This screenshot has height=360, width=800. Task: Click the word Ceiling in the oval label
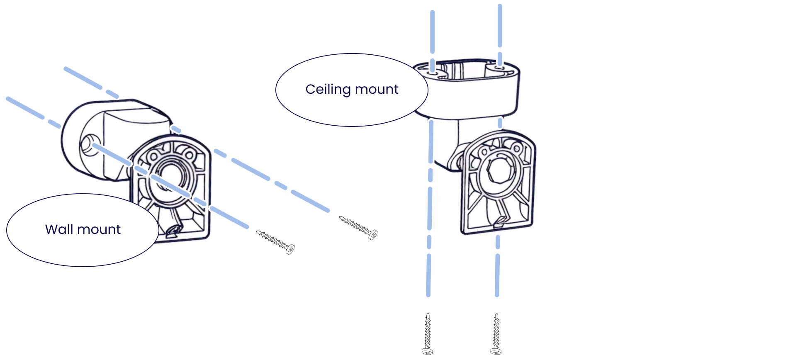(x=328, y=90)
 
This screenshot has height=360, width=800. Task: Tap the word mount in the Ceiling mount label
(x=377, y=89)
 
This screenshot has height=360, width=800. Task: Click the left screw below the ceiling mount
(x=428, y=334)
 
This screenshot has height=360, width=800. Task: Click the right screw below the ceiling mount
(x=496, y=334)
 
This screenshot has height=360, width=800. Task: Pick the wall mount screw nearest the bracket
(x=275, y=242)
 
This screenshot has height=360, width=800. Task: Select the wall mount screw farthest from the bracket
(x=358, y=227)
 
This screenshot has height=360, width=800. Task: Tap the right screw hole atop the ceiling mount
(x=499, y=67)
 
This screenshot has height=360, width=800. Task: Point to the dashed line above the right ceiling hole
(x=500, y=25)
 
